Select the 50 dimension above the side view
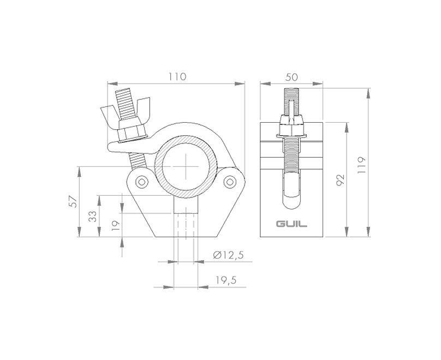[291, 77]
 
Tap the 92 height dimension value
[340, 180]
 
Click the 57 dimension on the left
[72, 202]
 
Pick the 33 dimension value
[93, 217]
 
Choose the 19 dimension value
[115, 226]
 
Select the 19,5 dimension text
[225, 280]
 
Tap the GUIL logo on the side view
[291, 224]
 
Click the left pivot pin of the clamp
[142, 181]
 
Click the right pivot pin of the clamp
[231, 181]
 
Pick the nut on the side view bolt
[291, 127]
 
